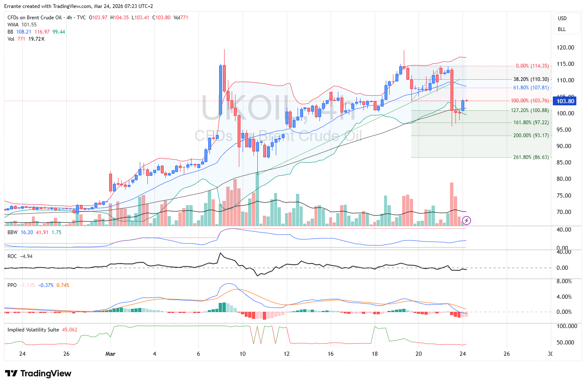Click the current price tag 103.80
[x=565, y=101]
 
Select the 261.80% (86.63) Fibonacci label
[x=531, y=157]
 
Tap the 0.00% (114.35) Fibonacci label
[x=532, y=66]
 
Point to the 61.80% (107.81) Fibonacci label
[x=531, y=88]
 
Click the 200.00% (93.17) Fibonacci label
[x=531, y=136]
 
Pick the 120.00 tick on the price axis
[x=565, y=47]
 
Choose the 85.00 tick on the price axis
[x=565, y=162]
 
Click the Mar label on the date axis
[x=110, y=354]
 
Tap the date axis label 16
[x=331, y=354]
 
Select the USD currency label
[x=562, y=18]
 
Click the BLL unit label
[x=562, y=29]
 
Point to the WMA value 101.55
[x=29, y=25]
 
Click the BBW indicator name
[x=13, y=232]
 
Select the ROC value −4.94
[x=26, y=256]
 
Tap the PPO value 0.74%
[x=63, y=285]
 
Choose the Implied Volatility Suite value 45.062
[x=70, y=330]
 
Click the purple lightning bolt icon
[x=466, y=220]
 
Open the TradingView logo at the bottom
[x=38, y=373]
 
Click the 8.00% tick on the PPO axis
[x=564, y=281]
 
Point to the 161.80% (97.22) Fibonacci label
[x=531, y=123]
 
